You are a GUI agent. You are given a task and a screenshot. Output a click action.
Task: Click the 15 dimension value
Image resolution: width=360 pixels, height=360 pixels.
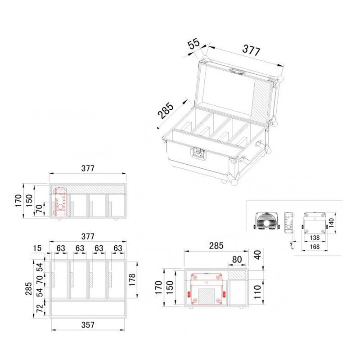point(37,248)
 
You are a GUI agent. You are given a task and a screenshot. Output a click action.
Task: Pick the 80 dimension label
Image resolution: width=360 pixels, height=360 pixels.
point(237,260)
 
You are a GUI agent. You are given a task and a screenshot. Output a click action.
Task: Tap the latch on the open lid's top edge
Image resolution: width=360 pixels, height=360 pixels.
point(237,71)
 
